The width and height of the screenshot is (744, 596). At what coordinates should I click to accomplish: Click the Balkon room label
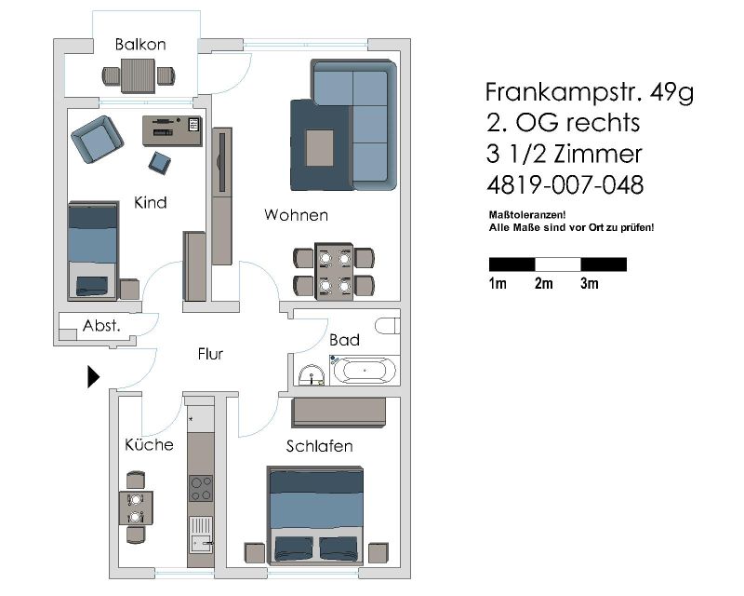(x=140, y=44)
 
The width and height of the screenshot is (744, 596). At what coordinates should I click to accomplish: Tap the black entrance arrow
(x=94, y=377)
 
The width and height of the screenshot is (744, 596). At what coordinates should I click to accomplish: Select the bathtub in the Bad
(x=365, y=370)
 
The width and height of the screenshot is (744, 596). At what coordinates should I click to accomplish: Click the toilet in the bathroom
(x=388, y=326)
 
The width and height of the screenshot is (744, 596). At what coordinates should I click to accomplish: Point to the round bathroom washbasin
(x=311, y=374)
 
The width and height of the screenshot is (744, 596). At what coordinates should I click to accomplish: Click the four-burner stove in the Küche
(x=201, y=488)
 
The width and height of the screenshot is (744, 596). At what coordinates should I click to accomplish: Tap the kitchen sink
(x=201, y=535)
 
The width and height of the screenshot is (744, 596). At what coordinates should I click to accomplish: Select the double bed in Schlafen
(x=315, y=515)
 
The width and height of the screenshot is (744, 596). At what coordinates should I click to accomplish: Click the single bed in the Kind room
(x=94, y=251)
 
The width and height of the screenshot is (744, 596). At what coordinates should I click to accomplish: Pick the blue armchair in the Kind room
(x=98, y=140)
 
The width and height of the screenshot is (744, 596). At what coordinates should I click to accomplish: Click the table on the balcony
(x=138, y=75)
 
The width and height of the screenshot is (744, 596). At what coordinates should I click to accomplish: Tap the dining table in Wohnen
(x=334, y=272)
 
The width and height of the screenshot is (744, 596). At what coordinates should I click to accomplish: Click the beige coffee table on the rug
(x=320, y=148)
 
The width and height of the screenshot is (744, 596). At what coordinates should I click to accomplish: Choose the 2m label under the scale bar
(x=544, y=283)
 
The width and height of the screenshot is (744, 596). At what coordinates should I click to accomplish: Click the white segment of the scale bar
(x=558, y=264)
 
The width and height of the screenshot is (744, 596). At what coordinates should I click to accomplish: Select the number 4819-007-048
(x=565, y=185)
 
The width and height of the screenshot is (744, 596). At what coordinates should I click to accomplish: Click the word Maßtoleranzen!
(x=527, y=215)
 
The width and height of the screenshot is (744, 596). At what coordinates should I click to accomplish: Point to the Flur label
(x=211, y=354)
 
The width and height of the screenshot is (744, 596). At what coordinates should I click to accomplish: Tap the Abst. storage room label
(x=101, y=326)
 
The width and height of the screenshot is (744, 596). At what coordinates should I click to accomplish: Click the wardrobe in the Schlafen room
(x=339, y=412)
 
